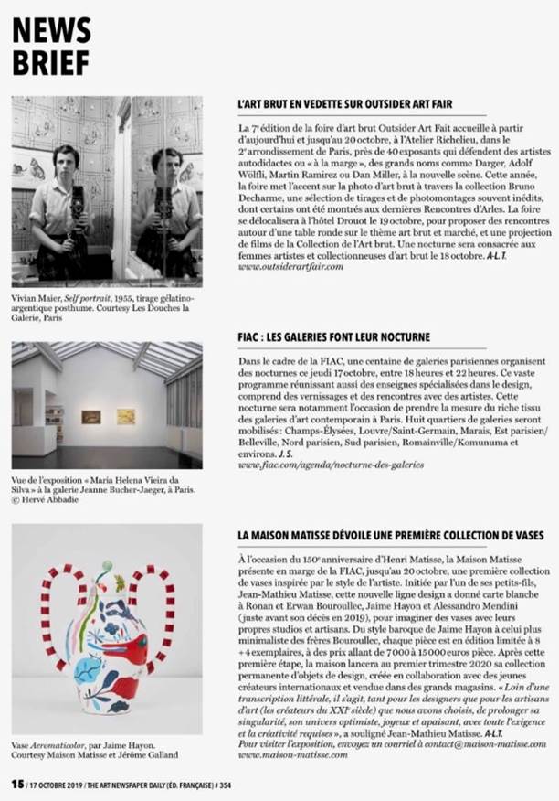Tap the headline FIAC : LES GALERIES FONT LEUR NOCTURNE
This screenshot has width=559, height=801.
332,337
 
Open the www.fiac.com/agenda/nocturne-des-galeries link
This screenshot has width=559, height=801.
330,465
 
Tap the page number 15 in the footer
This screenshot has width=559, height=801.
16,784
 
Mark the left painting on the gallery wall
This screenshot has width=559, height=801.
90,416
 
